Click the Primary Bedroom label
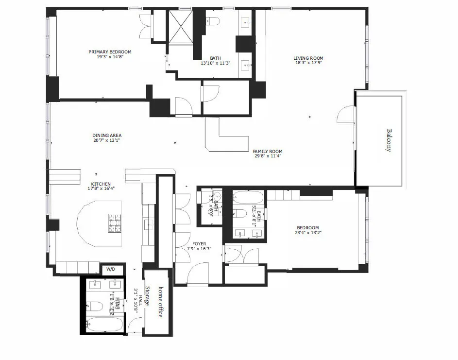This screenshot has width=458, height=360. [110, 52]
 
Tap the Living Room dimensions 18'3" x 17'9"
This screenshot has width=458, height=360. [308, 63]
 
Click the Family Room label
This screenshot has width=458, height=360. [268, 152]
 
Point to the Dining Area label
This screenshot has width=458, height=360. [107, 136]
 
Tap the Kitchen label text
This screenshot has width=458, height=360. [99, 185]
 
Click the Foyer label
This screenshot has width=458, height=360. [199, 244]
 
